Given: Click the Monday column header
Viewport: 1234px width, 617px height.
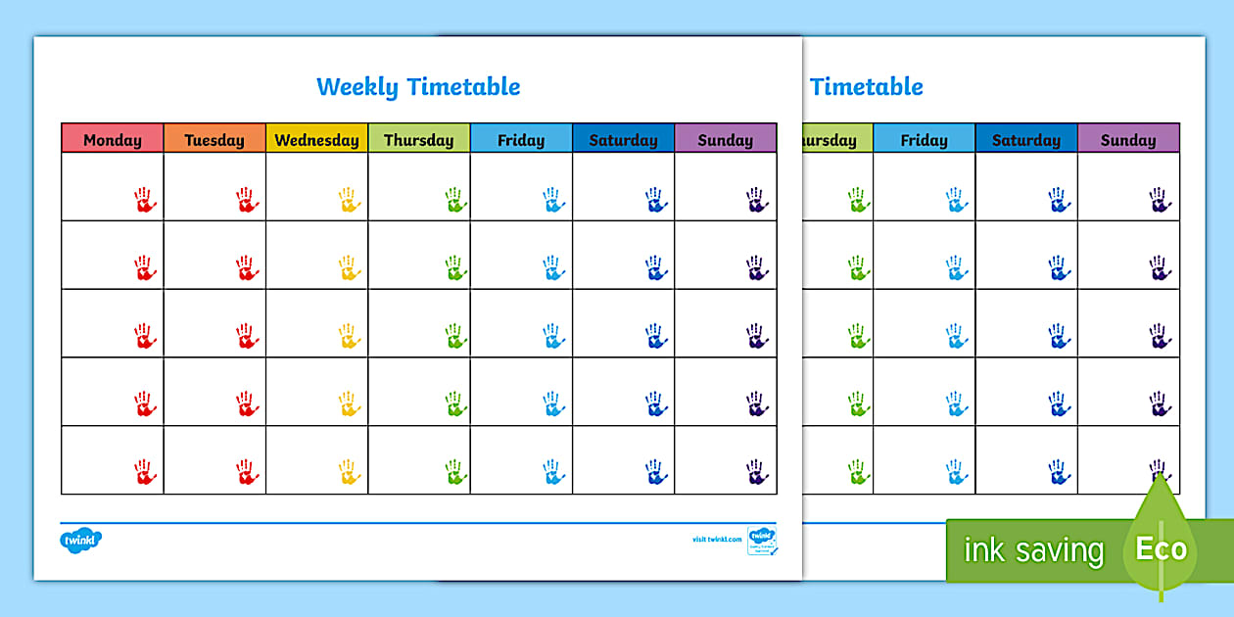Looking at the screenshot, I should coord(113,139).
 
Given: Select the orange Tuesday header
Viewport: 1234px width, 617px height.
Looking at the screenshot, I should coord(214,139).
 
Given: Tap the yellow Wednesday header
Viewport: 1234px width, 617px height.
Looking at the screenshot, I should coord(316,139).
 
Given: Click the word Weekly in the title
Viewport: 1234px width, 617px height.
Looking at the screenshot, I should coord(357,86).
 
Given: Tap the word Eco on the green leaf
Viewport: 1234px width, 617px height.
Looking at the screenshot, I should coord(1162,547).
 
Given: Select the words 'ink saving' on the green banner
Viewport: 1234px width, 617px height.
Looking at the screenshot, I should coord(1033,550).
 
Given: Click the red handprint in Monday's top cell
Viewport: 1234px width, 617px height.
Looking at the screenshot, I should coord(145,200).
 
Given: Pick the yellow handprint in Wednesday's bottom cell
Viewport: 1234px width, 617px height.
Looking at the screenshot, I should coord(350,471).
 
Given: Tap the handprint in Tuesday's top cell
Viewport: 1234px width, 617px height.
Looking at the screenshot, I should coord(247,200).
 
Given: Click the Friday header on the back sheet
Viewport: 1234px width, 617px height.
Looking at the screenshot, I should coord(925,139).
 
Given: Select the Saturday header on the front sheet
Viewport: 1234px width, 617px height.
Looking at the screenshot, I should coord(623,139).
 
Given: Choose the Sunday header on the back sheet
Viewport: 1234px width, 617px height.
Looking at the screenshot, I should coord(1128,139).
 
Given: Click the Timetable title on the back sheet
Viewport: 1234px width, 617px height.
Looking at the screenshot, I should coord(867,86).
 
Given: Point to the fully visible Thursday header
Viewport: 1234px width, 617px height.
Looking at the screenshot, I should coord(418,139).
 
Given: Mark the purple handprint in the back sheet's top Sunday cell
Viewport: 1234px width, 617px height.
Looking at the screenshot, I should coord(1161,200).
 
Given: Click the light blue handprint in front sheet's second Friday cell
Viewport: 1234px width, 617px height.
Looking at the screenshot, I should coord(554,267).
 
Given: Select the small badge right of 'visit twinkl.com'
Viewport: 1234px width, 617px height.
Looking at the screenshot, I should coord(762,540).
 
